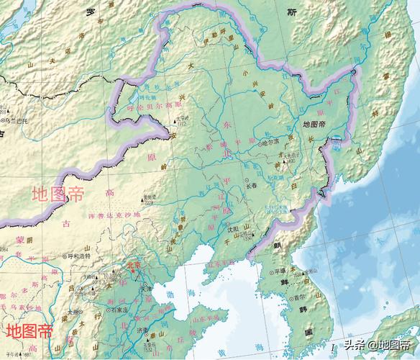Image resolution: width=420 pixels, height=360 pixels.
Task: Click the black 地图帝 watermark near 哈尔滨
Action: [315, 124]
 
